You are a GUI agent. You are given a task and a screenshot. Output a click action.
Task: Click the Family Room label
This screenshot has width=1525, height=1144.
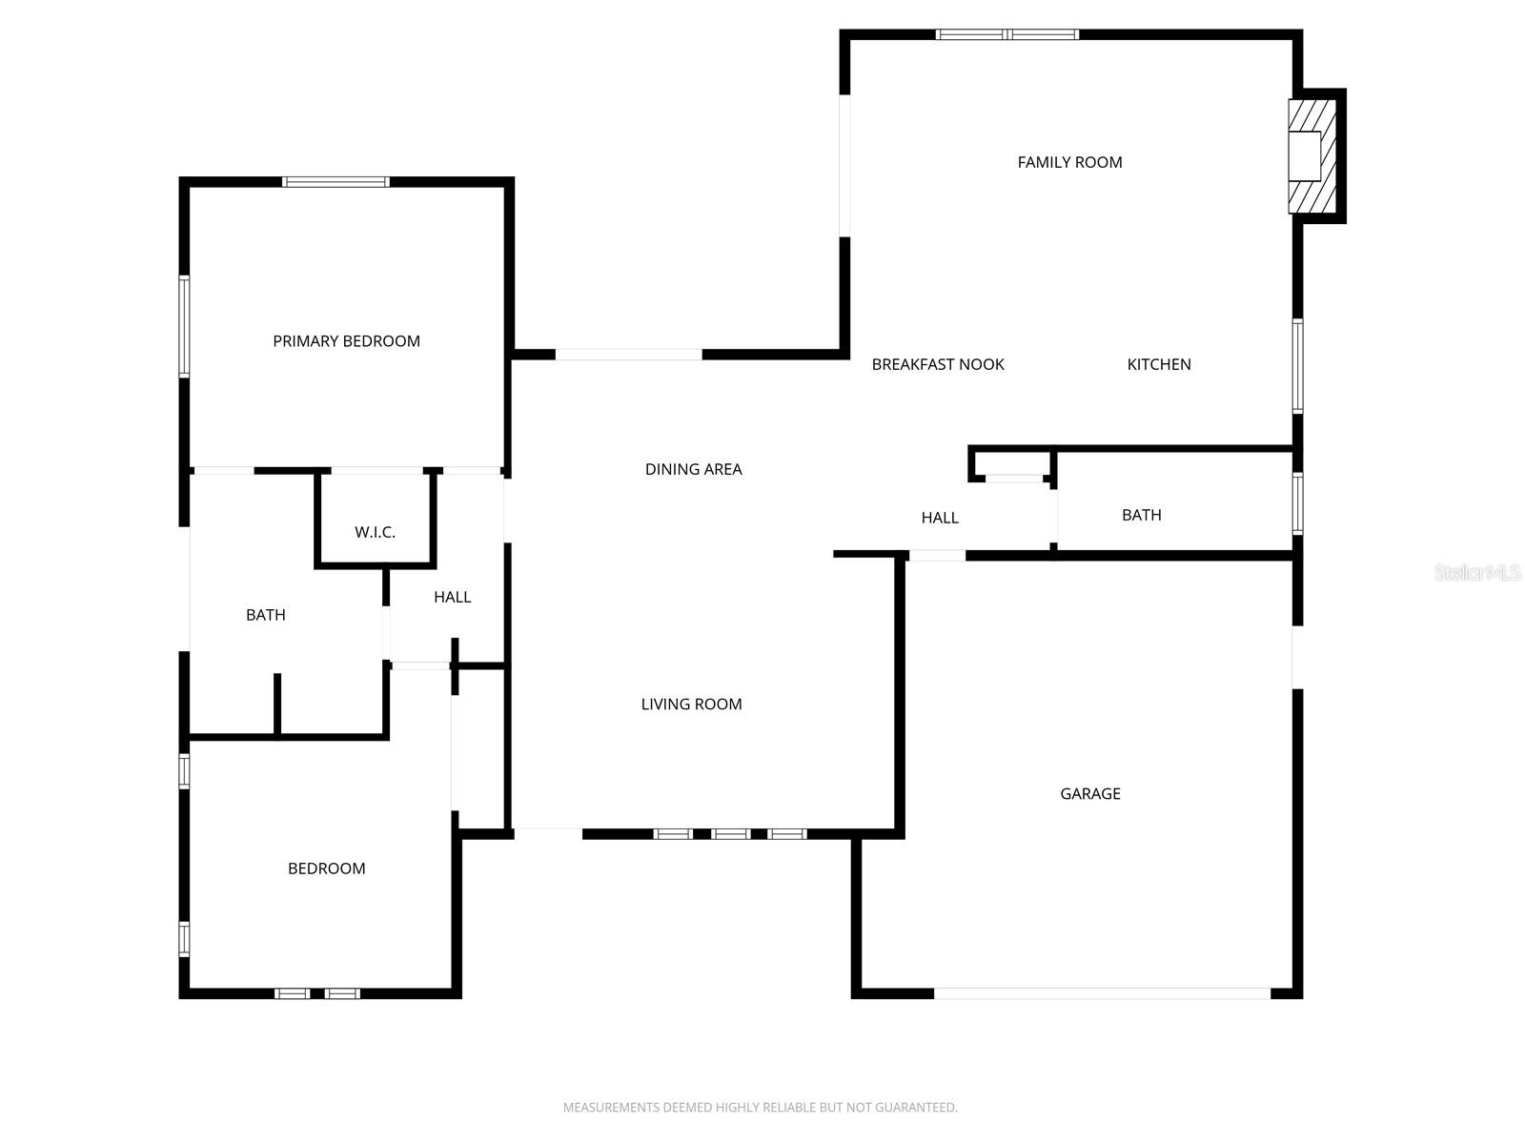[x=1069, y=162]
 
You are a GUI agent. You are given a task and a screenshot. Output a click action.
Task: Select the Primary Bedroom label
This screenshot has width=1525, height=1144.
[x=346, y=341]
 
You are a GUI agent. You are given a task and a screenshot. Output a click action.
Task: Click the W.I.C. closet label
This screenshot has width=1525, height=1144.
[x=375, y=532]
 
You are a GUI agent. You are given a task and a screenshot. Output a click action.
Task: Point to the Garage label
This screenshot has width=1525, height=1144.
[x=1089, y=793]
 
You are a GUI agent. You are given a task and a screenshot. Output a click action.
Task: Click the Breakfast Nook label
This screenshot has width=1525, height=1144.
[x=938, y=364]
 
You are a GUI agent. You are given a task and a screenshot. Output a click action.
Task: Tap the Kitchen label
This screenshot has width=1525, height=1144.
[x=1158, y=364]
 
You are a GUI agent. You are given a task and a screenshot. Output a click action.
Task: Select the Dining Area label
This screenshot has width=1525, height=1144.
[x=693, y=469]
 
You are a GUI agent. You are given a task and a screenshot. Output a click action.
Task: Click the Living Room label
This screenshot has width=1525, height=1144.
[x=691, y=705]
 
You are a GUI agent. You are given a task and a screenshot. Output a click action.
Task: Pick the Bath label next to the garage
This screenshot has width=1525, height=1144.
[x=1141, y=515]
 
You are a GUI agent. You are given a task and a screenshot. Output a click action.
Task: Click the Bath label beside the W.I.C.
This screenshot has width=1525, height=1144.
[x=265, y=615]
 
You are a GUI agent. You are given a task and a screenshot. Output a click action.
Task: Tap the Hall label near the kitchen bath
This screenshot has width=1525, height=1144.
[x=939, y=518]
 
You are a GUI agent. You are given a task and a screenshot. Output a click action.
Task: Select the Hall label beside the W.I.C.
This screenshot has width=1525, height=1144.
[x=452, y=597]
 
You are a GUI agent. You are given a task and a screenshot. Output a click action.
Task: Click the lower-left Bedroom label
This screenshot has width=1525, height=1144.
[x=326, y=868]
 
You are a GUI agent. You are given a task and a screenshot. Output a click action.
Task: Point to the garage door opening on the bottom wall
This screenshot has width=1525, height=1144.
[x=1101, y=993]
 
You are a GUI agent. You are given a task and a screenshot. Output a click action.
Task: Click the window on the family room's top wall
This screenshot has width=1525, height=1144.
[x=1006, y=35]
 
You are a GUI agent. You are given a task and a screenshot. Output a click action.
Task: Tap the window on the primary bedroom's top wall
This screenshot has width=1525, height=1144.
[x=335, y=182]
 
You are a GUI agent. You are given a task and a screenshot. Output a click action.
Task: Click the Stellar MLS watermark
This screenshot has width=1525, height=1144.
[x=1476, y=572]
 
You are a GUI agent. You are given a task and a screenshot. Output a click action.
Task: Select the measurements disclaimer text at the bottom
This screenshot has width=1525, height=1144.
[x=760, y=1107]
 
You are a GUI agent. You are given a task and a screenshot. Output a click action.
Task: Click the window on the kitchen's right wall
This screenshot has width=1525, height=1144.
[x=1297, y=365]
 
